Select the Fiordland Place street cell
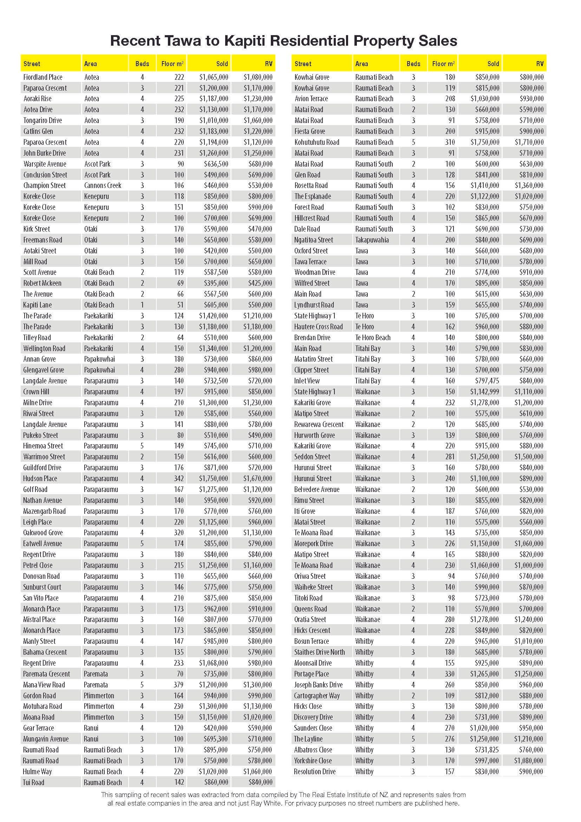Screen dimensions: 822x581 point(43,77)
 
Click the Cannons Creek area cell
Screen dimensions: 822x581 point(103,186)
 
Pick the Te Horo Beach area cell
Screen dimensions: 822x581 point(372,337)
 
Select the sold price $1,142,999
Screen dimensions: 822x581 point(484,391)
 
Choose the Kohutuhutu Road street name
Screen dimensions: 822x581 point(316,142)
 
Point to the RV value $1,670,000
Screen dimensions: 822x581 point(257,478)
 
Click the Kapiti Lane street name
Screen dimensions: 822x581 point(38,305)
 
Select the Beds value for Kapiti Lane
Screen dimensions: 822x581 point(142,305)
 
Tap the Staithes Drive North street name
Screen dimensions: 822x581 point(319,652)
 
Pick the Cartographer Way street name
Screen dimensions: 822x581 point(316,695)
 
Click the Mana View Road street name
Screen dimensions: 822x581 point(44,685)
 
